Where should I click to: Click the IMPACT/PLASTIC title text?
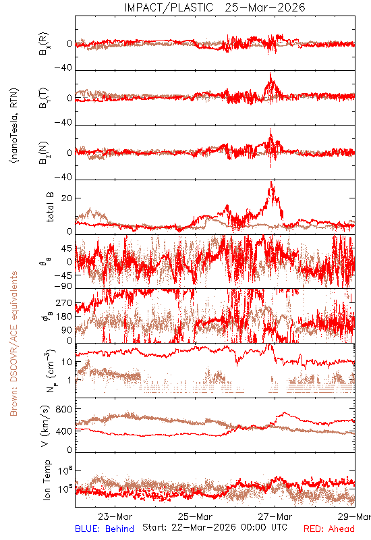(169, 7)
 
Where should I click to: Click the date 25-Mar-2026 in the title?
(265, 7)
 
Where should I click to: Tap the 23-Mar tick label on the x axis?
(115, 516)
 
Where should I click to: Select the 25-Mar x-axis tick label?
(195, 516)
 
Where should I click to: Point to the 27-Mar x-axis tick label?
(275, 516)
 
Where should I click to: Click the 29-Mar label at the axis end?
(354, 516)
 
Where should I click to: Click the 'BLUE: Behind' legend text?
(105, 529)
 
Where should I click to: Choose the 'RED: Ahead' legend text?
(329, 529)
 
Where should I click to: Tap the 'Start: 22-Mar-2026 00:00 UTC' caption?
(215, 527)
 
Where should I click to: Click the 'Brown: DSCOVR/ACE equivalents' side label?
(13, 344)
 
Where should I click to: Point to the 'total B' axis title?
(50, 207)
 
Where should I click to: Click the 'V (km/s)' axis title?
(45, 426)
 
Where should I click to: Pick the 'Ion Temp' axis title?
(47, 480)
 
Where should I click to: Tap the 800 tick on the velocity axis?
(64, 409)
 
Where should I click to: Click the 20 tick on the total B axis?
(67, 198)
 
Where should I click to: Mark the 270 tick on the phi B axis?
(64, 303)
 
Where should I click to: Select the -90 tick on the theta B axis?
(63, 286)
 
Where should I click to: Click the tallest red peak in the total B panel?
(272, 182)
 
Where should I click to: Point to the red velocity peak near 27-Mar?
(284, 412)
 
